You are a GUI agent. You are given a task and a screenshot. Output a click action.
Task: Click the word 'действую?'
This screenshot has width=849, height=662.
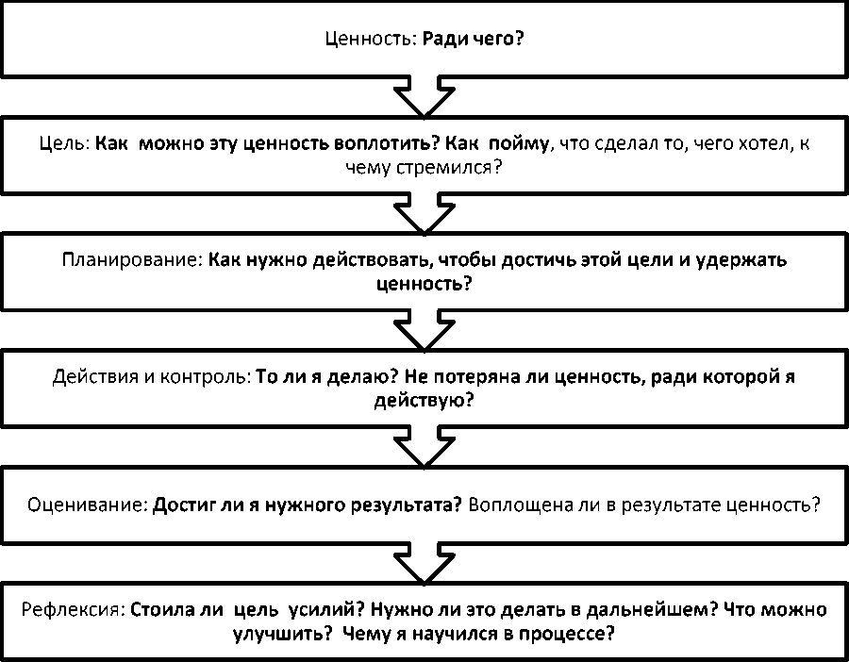coord(424,399)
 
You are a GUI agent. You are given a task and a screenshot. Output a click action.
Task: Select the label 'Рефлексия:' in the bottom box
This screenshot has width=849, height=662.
coord(74,610)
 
